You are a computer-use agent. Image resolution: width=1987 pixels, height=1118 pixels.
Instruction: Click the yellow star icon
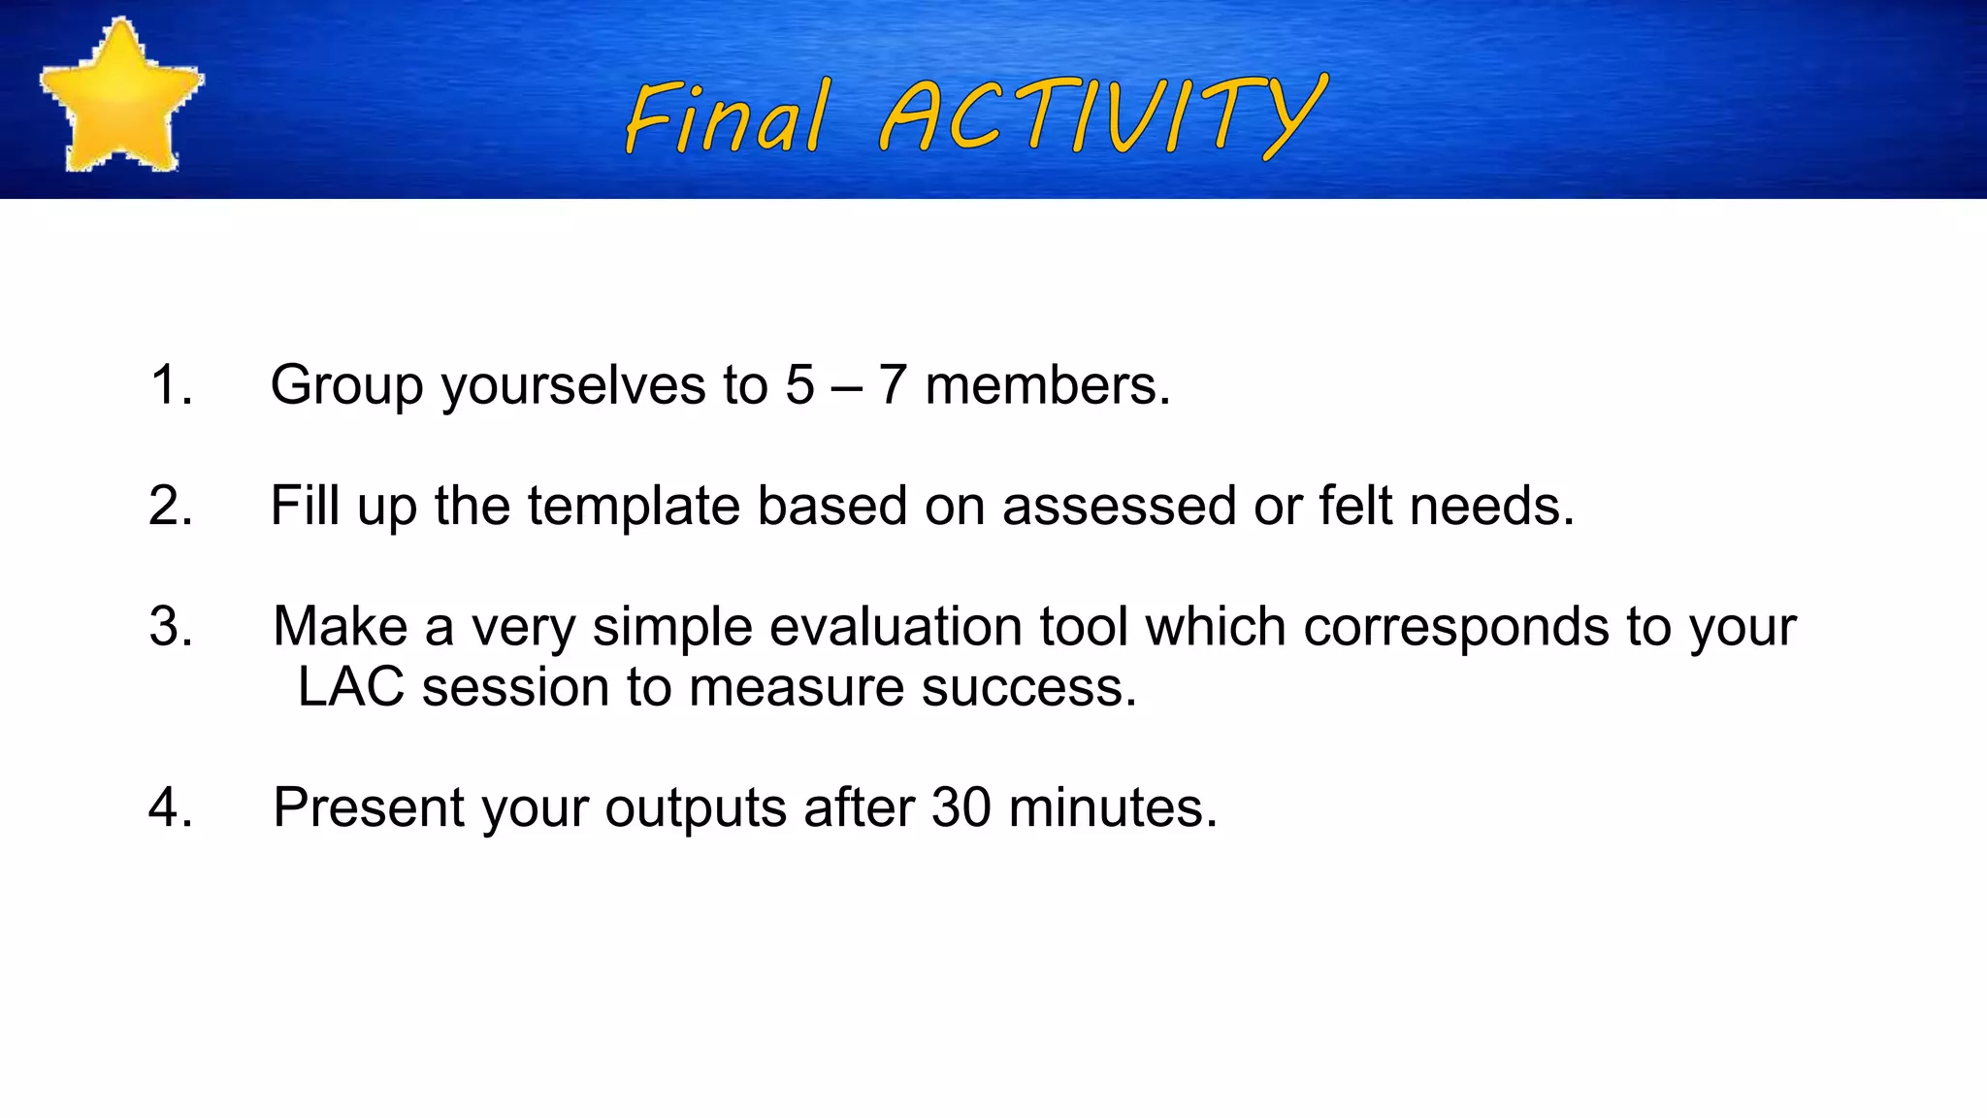[120, 97]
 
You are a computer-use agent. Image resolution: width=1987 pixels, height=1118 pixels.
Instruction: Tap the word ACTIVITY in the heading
[1101, 116]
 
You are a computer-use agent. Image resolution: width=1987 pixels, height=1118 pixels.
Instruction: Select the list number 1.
[171, 384]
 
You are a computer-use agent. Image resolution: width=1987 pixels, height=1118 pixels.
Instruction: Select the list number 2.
[171, 506]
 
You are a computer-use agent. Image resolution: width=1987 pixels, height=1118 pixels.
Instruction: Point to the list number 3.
[171, 626]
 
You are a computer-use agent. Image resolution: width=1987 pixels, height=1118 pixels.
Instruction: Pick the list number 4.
[171, 807]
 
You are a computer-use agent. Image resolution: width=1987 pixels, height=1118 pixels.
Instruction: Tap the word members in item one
[1047, 385]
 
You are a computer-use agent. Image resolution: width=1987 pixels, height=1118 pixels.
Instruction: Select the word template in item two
[634, 507]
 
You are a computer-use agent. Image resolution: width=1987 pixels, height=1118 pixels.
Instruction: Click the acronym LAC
[350, 687]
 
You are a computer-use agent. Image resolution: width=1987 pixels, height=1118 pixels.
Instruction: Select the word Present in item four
[369, 807]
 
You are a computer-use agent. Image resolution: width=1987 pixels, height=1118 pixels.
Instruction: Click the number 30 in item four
[961, 807]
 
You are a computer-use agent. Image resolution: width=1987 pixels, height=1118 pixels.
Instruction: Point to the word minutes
[1112, 807]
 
